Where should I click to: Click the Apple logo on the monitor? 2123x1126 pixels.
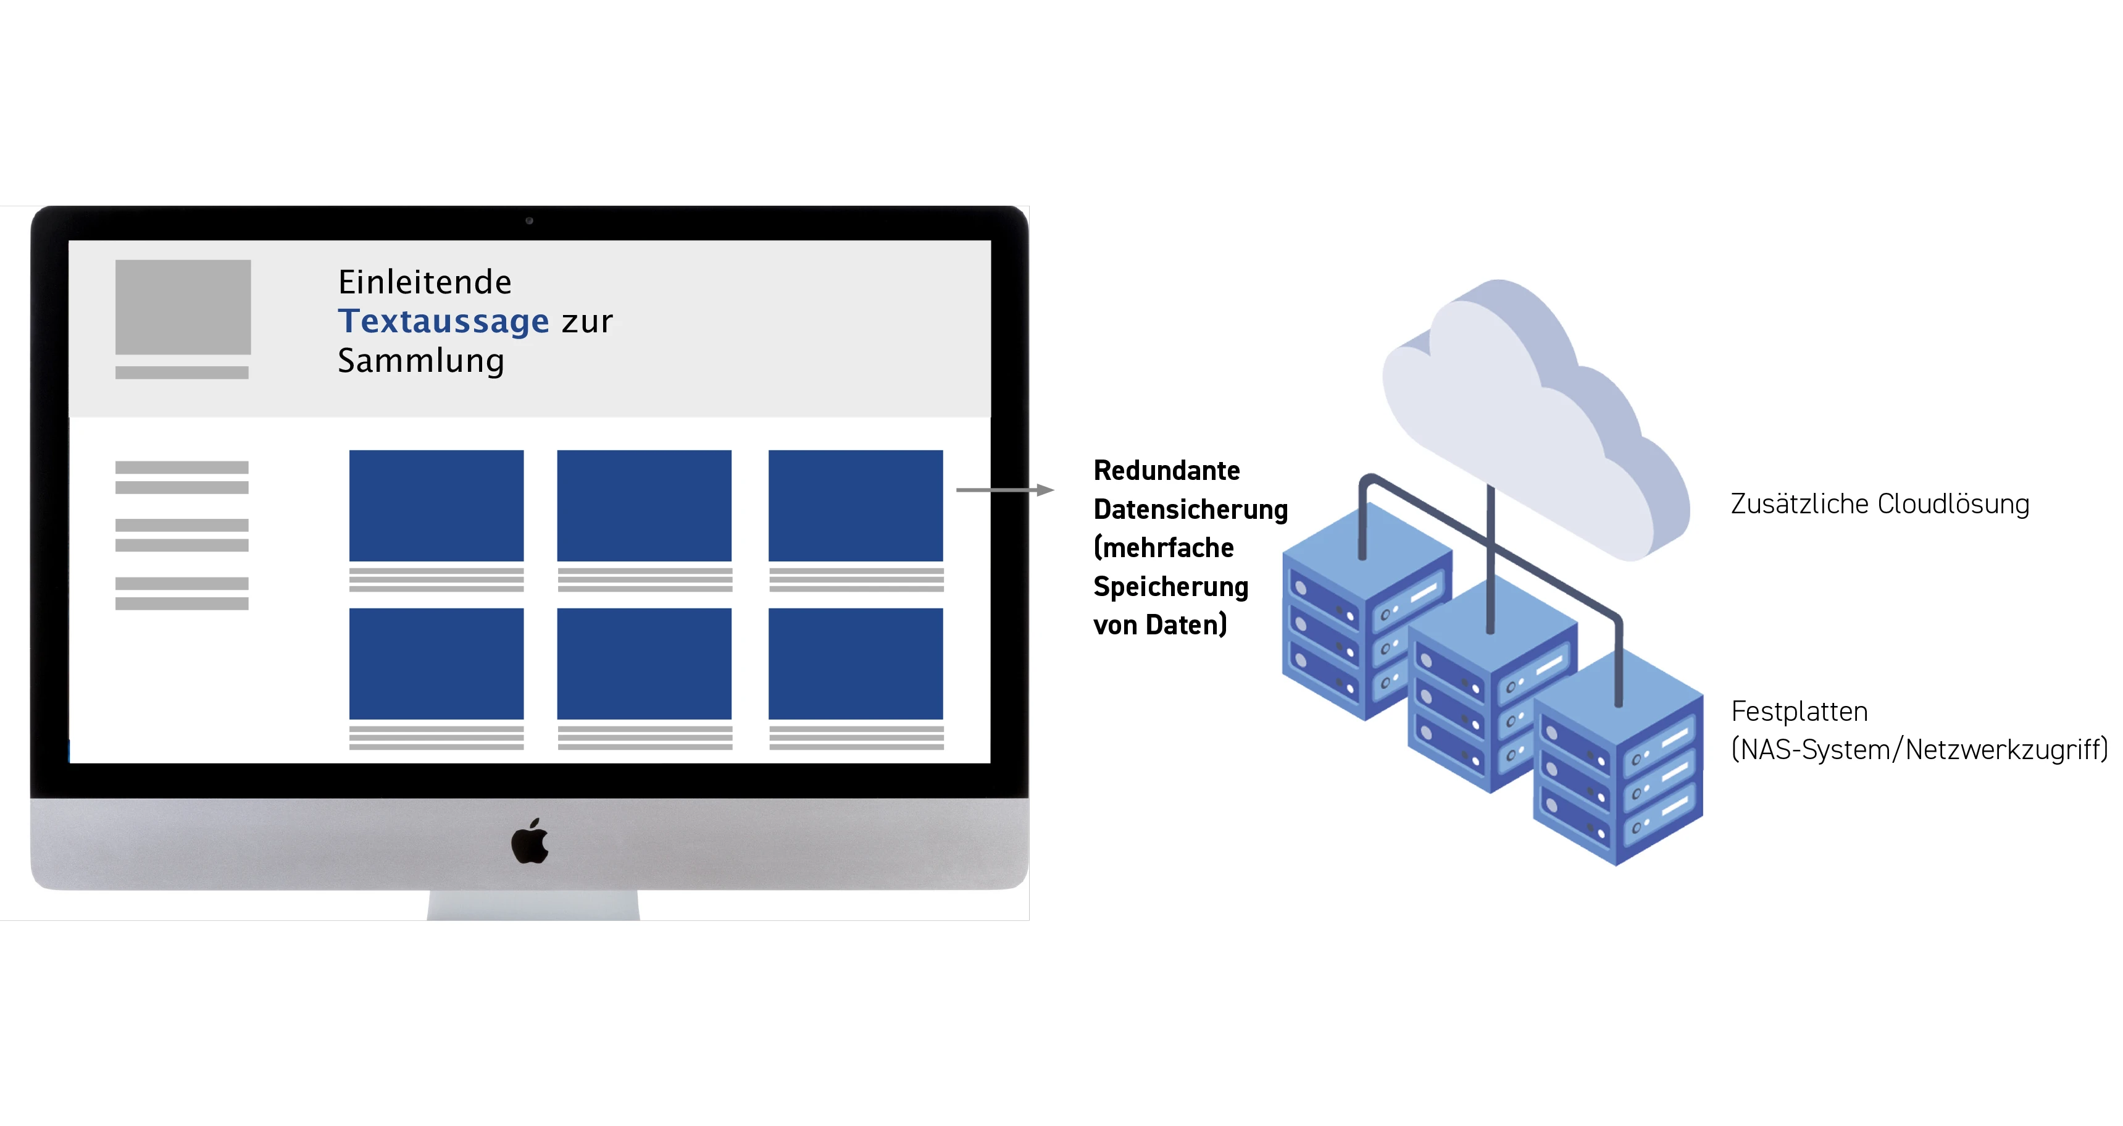pyautogui.click(x=530, y=842)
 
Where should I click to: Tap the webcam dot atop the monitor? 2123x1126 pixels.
pyautogui.click(x=529, y=221)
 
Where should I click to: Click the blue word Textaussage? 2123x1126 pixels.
pyautogui.click(x=443, y=321)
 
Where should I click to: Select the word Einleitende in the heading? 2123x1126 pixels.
pyautogui.click(x=425, y=282)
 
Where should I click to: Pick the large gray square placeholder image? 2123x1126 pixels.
pyautogui.click(x=183, y=306)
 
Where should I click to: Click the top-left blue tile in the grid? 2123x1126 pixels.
pyautogui.click(x=436, y=505)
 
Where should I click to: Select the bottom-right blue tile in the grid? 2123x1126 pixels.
pyautogui.click(x=856, y=663)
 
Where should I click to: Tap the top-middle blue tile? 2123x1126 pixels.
pyautogui.click(x=644, y=505)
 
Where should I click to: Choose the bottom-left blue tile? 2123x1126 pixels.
pyautogui.click(x=436, y=663)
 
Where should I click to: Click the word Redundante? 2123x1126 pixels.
pyautogui.click(x=1166, y=471)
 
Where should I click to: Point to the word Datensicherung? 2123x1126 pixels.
pyautogui.click(x=1190, y=510)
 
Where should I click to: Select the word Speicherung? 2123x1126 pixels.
pyautogui.click(x=1170, y=587)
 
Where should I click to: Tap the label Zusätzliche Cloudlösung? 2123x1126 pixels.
pyautogui.click(x=1879, y=503)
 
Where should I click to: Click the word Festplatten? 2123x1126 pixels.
pyautogui.click(x=1799, y=712)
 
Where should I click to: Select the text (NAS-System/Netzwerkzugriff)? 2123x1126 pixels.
pyautogui.click(x=1919, y=749)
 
